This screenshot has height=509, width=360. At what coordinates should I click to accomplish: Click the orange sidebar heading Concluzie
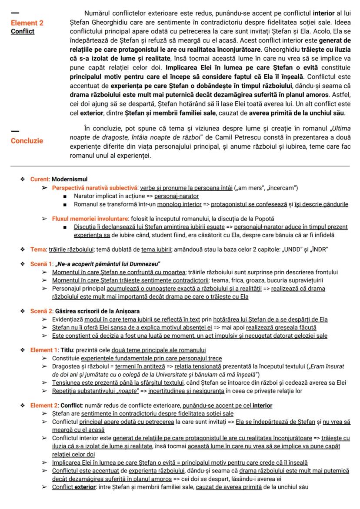(x=27, y=140)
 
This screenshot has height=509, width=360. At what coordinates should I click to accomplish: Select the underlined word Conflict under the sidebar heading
(x=23, y=31)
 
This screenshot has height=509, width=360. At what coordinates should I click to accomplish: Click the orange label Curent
(x=40, y=179)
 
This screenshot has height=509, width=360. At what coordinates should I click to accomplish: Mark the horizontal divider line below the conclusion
(x=180, y=166)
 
